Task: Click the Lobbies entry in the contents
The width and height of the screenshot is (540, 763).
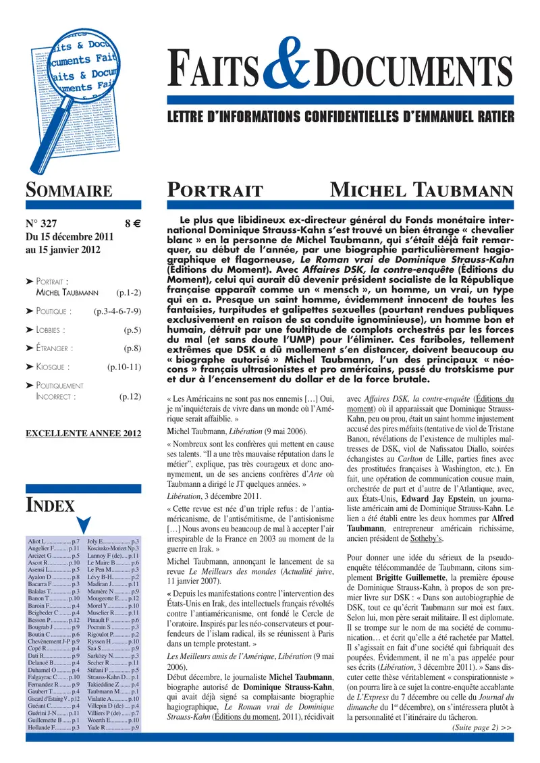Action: coord(50,330)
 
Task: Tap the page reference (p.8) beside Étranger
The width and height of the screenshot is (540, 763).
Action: coord(132,348)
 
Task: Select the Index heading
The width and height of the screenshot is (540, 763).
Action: coord(50,504)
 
